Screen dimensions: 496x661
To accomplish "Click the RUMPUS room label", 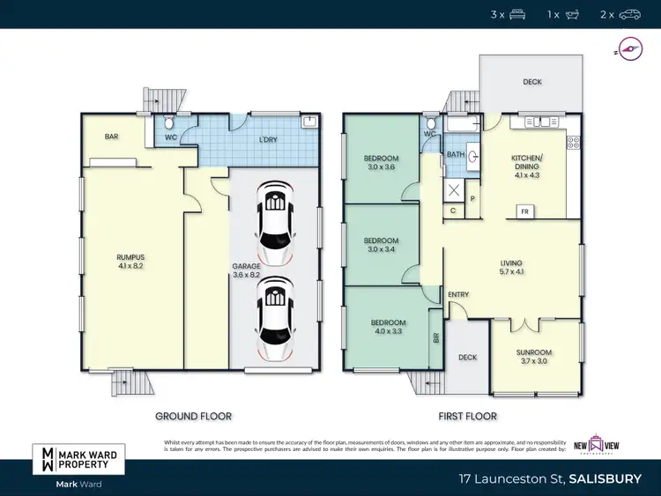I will click(130, 260).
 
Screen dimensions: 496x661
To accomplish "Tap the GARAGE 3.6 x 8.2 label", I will click(246, 270).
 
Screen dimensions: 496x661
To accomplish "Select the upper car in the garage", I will click(276, 224).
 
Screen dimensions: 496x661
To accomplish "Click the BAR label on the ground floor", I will click(111, 137).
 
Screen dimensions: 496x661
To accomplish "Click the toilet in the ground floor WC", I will click(169, 124).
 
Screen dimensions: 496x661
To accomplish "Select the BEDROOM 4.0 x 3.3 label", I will click(388, 327).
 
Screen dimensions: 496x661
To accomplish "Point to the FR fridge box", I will click(524, 211).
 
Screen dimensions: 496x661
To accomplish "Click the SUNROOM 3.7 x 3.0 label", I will click(534, 356).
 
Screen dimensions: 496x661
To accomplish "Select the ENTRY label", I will click(458, 294).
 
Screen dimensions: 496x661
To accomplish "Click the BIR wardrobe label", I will click(435, 337).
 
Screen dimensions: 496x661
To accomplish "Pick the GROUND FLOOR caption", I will click(193, 416).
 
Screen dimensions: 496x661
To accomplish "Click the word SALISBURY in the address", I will click(605, 479).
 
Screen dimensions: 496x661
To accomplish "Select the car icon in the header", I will click(630, 15).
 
